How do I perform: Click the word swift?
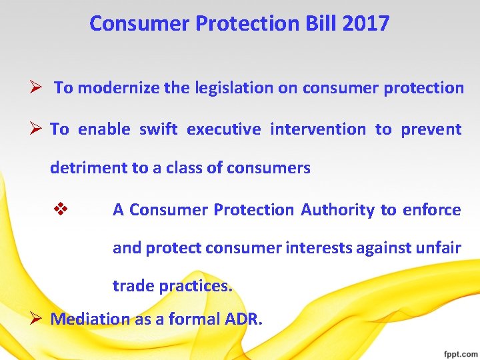pyautogui.click(x=158, y=129)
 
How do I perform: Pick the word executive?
pyautogui.click(x=223, y=129)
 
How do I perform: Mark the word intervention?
pyautogui.click(x=317, y=129)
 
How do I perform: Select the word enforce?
pyautogui.click(x=431, y=210)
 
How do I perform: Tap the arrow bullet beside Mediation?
pyautogui.click(x=38, y=319)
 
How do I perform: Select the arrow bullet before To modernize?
pyautogui.click(x=38, y=88)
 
